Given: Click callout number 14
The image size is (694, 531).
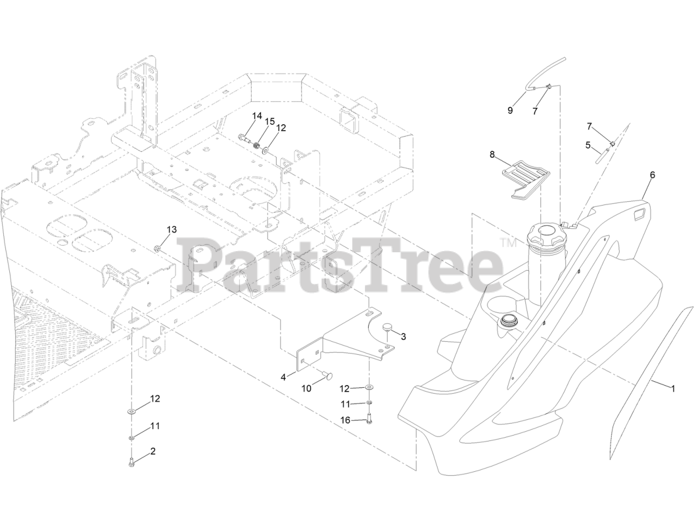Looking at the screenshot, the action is tap(256, 116).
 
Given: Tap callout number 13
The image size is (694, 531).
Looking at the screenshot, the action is tap(171, 230).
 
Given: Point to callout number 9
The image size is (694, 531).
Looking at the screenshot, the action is tap(510, 110).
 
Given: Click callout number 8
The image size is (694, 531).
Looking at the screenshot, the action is tap(492, 154).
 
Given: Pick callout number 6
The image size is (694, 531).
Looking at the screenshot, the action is tap(652, 175).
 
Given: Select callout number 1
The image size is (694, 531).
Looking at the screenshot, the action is tap(673, 388).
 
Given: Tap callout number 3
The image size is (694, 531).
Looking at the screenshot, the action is tap(403, 336).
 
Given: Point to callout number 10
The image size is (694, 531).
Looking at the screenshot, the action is tap(306, 389).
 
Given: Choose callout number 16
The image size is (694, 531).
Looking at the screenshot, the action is tap(345, 420).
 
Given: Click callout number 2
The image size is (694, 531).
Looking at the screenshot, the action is tap(153, 451).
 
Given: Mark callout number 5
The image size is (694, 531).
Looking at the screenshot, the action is tap(588, 145).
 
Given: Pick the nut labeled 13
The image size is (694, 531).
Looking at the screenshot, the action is tap(156, 249).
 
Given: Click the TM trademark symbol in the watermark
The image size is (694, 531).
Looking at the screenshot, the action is tap(508, 244).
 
